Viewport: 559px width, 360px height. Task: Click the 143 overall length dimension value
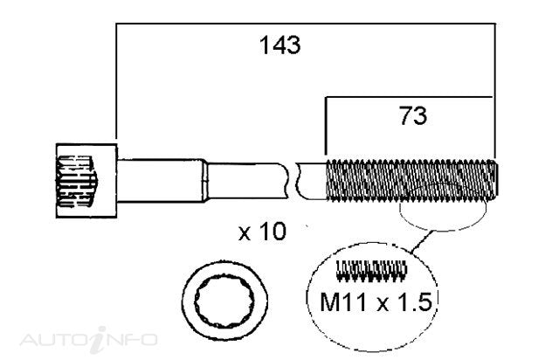(279, 45)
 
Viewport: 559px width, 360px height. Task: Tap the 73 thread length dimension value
(413, 115)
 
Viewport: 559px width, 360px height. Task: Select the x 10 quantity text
(262, 232)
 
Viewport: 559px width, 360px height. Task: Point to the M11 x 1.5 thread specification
(376, 301)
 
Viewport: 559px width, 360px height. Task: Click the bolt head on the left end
(86, 180)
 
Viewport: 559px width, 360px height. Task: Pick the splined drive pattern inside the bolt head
(77, 181)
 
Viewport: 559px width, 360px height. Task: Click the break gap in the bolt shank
(293, 181)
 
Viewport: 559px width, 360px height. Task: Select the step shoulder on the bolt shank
(204, 181)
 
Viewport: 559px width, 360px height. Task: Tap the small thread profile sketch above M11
(371, 271)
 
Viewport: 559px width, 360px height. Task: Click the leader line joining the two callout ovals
(422, 242)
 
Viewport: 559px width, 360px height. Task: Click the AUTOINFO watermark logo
(89, 339)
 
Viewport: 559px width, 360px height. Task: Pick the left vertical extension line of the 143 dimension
(116, 81)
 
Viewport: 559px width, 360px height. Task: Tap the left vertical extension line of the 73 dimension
(326, 126)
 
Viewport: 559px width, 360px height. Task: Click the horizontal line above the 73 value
(409, 97)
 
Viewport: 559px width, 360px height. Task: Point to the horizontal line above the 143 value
(306, 24)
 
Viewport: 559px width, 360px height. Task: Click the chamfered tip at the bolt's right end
(495, 179)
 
